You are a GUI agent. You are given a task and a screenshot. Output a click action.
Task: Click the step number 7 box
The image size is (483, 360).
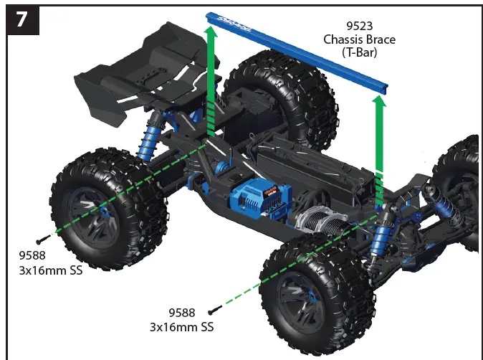pyautogui.click(x=21, y=19)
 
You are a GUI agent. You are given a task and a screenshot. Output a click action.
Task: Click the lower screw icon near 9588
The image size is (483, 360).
pyautogui.click(x=212, y=311)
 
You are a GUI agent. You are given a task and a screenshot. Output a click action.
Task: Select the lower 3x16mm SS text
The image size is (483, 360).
pyautogui.click(x=181, y=327)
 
